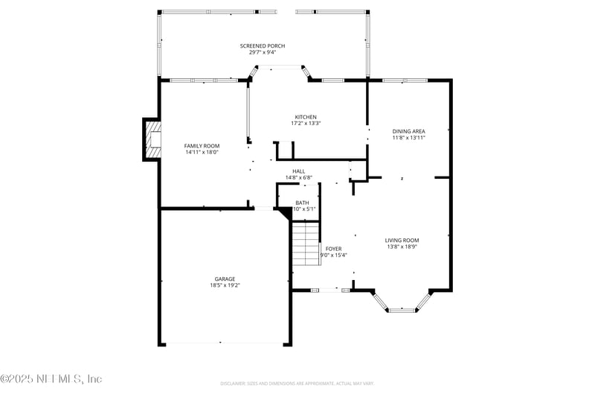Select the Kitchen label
point(306,117)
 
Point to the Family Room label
point(202,145)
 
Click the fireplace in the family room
point(153,139)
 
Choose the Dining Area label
point(408,131)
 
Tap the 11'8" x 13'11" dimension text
point(408,138)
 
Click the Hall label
point(298,171)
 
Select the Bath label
point(302,203)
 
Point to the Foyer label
point(333,248)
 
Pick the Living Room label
point(402,241)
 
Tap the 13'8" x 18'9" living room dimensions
point(402,247)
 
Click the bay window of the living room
point(402,306)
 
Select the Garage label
point(225,279)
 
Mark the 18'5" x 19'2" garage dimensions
point(225,285)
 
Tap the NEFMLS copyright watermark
point(51,379)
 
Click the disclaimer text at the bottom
point(297,384)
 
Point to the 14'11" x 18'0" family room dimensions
point(202,152)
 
